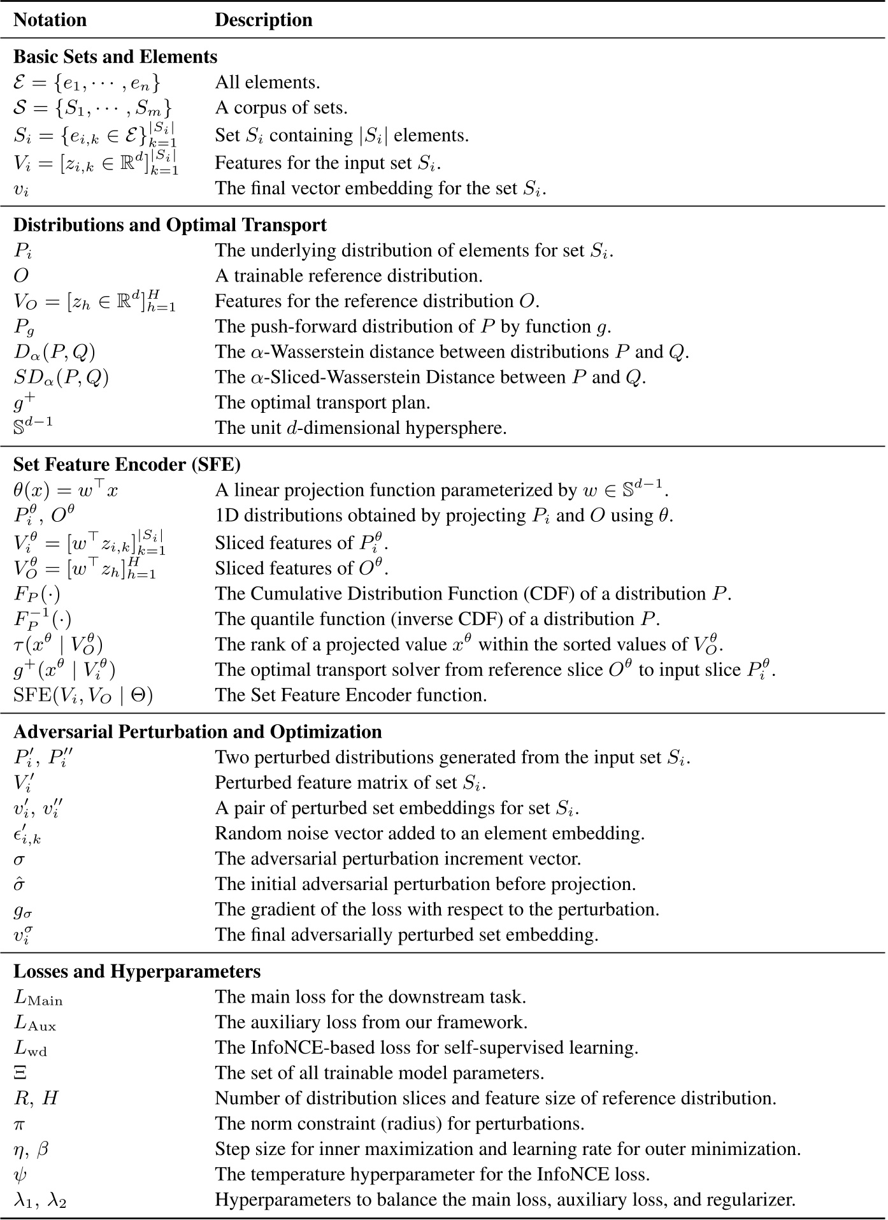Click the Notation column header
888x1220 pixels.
pos(50,20)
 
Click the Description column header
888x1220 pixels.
pos(263,20)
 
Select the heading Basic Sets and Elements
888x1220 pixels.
pos(115,57)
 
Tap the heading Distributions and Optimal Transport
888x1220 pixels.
pos(169,225)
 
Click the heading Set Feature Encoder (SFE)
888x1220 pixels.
pos(127,464)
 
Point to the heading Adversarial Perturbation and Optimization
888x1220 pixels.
pos(197,731)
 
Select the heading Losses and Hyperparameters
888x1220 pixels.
pos(137,971)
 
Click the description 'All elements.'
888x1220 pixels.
pos(267,82)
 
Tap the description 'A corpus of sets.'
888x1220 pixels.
pos(281,108)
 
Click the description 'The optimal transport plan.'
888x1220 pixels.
pos(322,402)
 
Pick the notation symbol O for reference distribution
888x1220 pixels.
pos(21,276)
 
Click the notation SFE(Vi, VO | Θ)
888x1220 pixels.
pos(83,695)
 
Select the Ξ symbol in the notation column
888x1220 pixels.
pos(20,1073)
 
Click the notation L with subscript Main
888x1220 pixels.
pos(38,998)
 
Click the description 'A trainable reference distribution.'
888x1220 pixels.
pos(348,276)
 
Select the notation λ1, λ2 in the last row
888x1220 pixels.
pos(40,1200)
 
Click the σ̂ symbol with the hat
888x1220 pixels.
pos(20,884)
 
